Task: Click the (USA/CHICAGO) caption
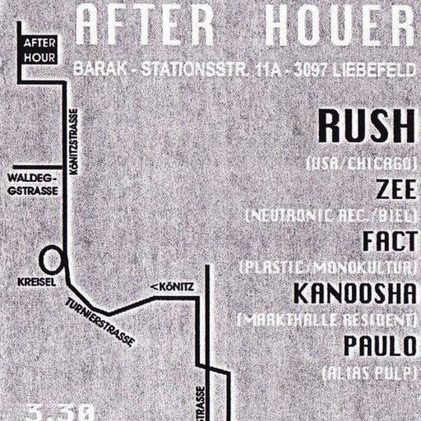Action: click(x=363, y=162)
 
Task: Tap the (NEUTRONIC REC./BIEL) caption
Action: click(x=331, y=215)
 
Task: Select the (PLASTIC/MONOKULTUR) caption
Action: click(x=328, y=267)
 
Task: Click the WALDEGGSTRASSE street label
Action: click(x=31, y=182)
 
